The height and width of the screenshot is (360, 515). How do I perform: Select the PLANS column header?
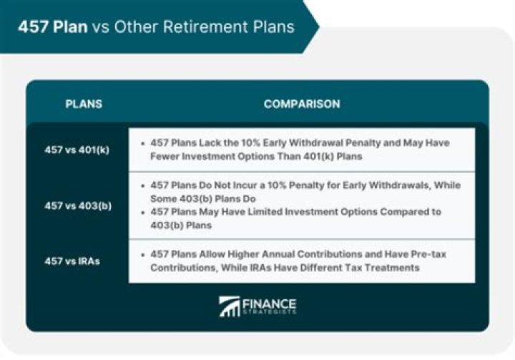coord(84,104)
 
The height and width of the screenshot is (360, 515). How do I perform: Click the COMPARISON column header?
coord(301,104)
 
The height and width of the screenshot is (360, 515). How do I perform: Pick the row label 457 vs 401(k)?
coord(77,150)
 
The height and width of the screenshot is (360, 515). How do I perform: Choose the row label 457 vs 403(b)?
coord(77,205)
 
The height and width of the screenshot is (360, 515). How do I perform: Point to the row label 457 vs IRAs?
coord(72,261)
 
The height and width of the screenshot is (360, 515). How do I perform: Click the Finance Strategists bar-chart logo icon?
coord(230,306)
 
